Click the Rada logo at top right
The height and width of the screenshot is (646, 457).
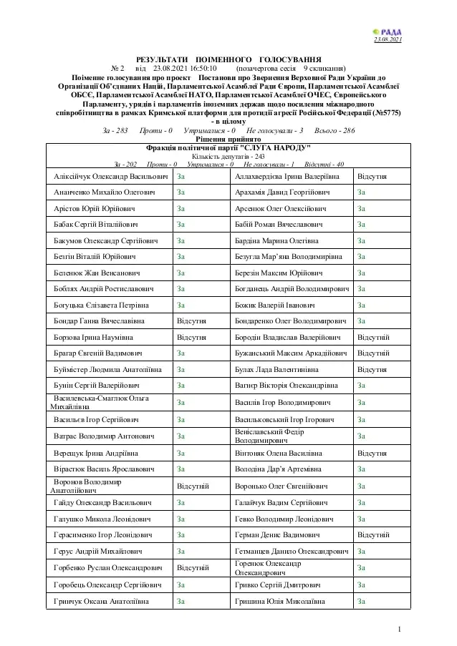pyautogui.click(x=389, y=31)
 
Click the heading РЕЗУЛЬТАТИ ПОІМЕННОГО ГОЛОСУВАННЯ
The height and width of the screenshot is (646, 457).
pyautogui.click(x=228, y=59)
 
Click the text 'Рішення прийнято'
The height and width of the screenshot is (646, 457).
pyautogui.click(x=228, y=139)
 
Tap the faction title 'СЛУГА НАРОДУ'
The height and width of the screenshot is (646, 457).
pyautogui.click(x=228, y=147)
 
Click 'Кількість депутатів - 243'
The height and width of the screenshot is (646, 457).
pyautogui.click(x=228, y=156)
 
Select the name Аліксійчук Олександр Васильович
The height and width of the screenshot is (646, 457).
pyautogui.click(x=110, y=175)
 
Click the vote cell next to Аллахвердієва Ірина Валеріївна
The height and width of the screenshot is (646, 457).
pyautogui.click(x=372, y=175)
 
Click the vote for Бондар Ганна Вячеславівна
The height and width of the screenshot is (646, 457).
pyautogui.click(x=192, y=320)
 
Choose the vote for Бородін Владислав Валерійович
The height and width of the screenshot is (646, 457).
pyautogui.click(x=373, y=336)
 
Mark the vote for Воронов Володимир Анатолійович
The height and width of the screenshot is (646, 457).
pyautogui.click(x=193, y=486)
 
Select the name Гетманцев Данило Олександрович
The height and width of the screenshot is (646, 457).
pyautogui.click(x=292, y=552)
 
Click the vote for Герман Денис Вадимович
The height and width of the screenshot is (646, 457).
pyautogui.click(x=373, y=534)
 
